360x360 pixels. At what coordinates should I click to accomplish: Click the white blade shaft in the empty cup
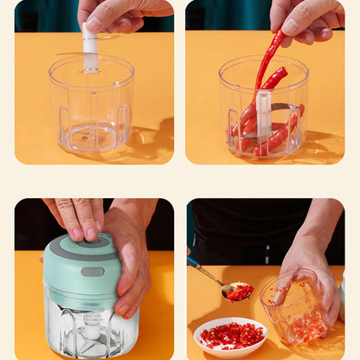(90, 49)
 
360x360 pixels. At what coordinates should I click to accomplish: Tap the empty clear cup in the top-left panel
(91, 108)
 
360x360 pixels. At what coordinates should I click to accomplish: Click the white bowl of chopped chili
(230, 337)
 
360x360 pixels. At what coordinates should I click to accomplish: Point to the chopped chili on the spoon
(240, 292)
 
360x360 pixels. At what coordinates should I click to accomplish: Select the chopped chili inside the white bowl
(230, 333)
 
